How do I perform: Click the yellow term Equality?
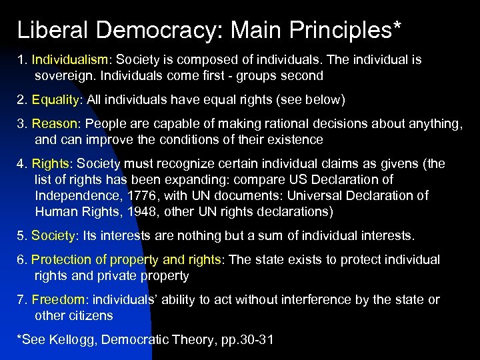[x=55, y=100]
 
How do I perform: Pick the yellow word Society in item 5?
[x=54, y=236]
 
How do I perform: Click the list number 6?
[x=21, y=260]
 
